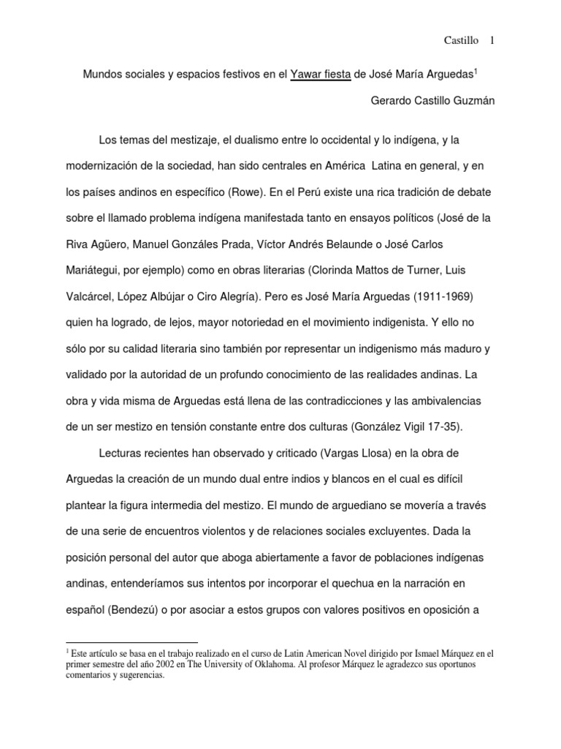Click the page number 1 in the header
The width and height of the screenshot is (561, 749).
tap(492, 40)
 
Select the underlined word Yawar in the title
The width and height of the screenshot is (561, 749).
tap(308, 74)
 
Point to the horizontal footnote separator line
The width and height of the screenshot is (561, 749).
tap(131, 641)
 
